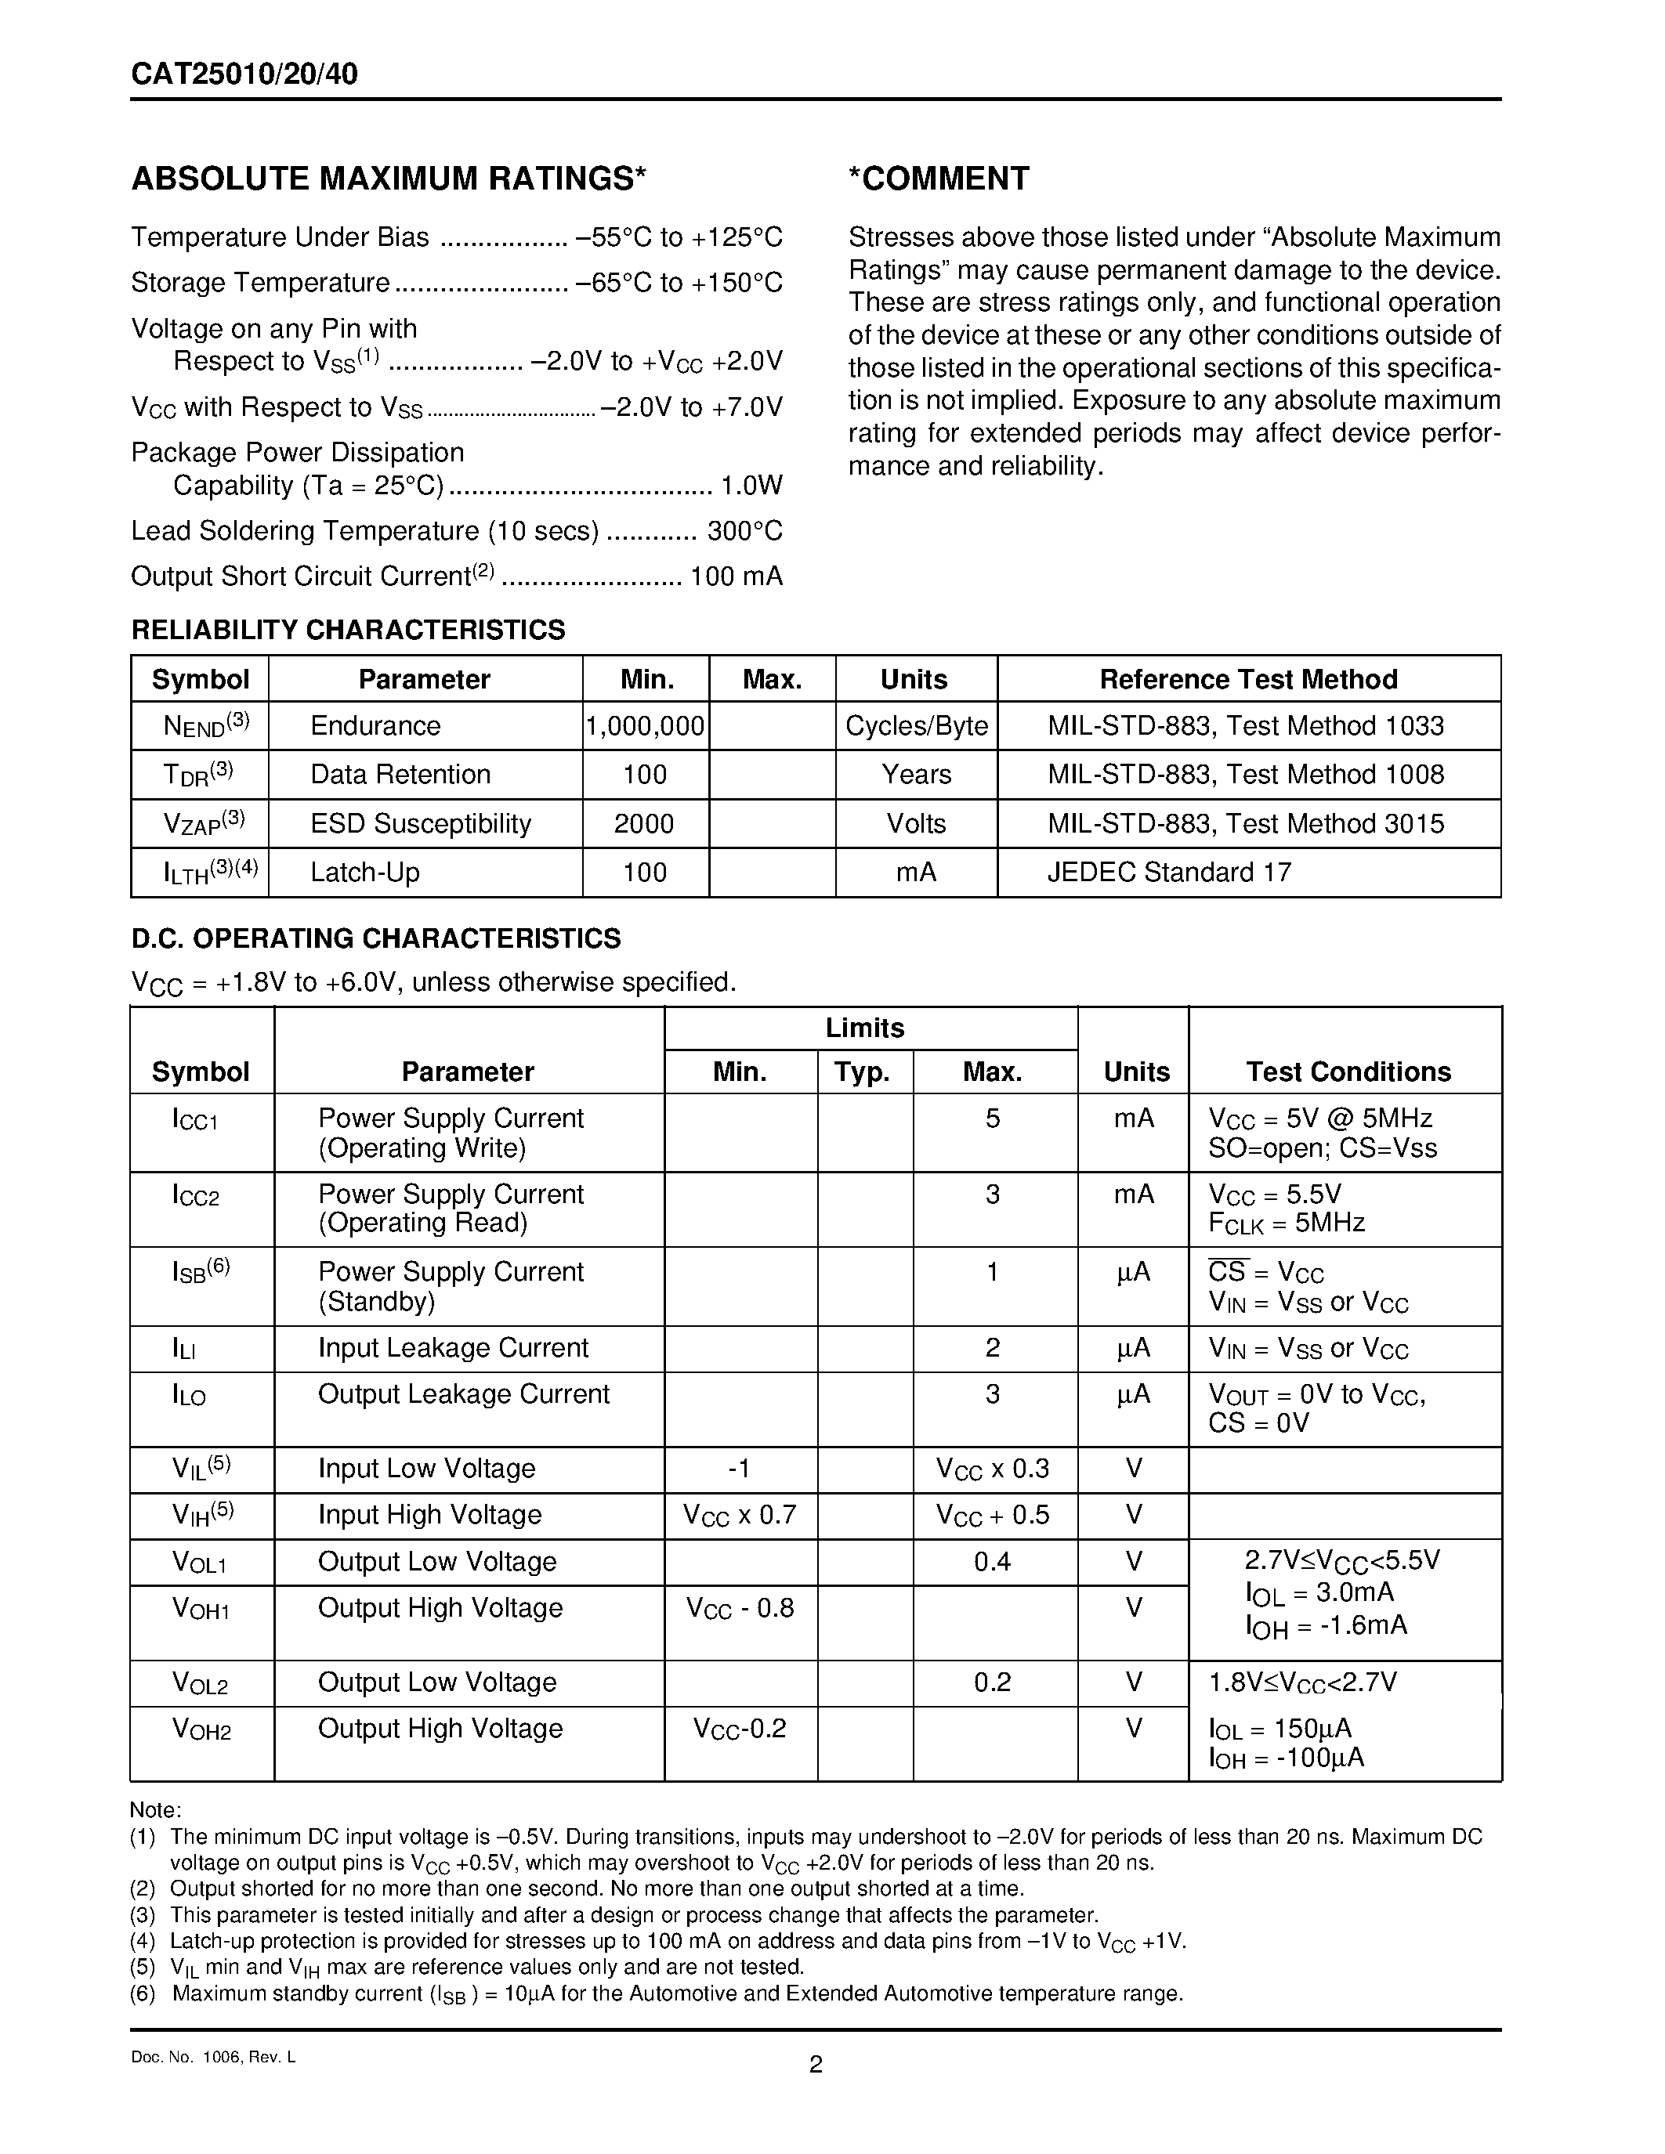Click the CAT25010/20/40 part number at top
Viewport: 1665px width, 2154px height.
click(244, 75)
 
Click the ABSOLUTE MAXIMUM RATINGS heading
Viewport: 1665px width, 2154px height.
click(389, 179)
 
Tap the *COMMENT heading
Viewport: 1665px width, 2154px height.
click(938, 179)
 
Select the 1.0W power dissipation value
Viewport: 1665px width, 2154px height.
click(751, 486)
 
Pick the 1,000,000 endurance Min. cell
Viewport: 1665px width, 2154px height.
click(645, 726)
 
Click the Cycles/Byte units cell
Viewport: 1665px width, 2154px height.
click(917, 726)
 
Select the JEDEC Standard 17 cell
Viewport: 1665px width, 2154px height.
click(1169, 872)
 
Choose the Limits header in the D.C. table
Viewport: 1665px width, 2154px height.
click(865, 1028)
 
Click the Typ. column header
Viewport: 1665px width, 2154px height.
click(863, 1072)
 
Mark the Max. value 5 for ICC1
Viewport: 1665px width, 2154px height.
click(992, 1119)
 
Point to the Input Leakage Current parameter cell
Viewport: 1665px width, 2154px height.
click(453, 1347)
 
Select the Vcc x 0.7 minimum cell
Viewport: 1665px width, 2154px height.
click(739, 1515)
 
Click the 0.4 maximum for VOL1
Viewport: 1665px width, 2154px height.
click(992, 1561)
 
